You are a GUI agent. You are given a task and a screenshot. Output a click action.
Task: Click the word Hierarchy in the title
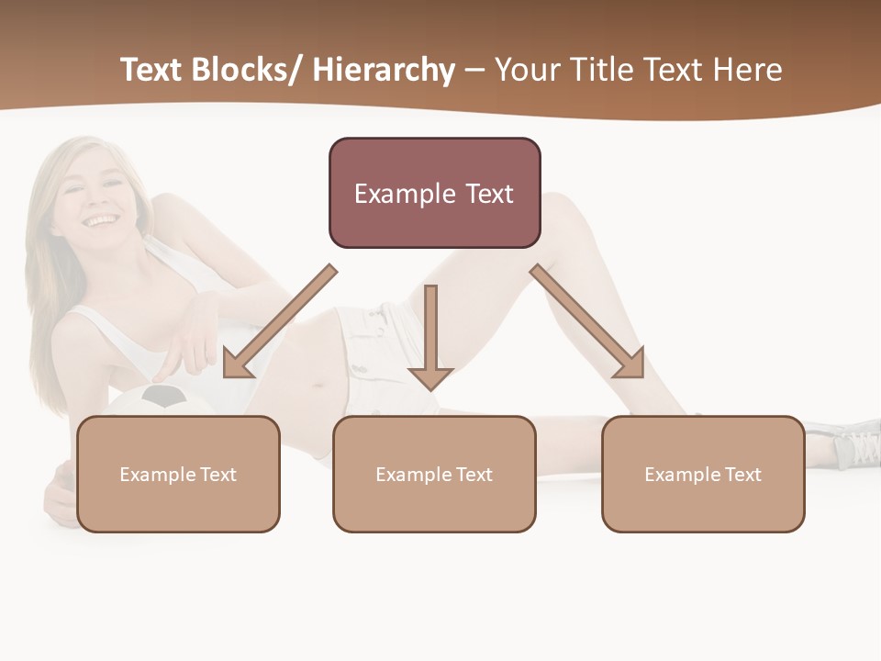click(x=384, y=70)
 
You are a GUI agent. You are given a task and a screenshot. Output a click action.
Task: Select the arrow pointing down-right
click(x=588, y=322)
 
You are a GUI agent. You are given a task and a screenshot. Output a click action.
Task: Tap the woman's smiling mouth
click(x=101, y=221)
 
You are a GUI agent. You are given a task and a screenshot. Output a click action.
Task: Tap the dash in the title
click(x=474, y=70)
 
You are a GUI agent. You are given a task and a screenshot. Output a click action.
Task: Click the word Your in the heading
click(x=525, y=70)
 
